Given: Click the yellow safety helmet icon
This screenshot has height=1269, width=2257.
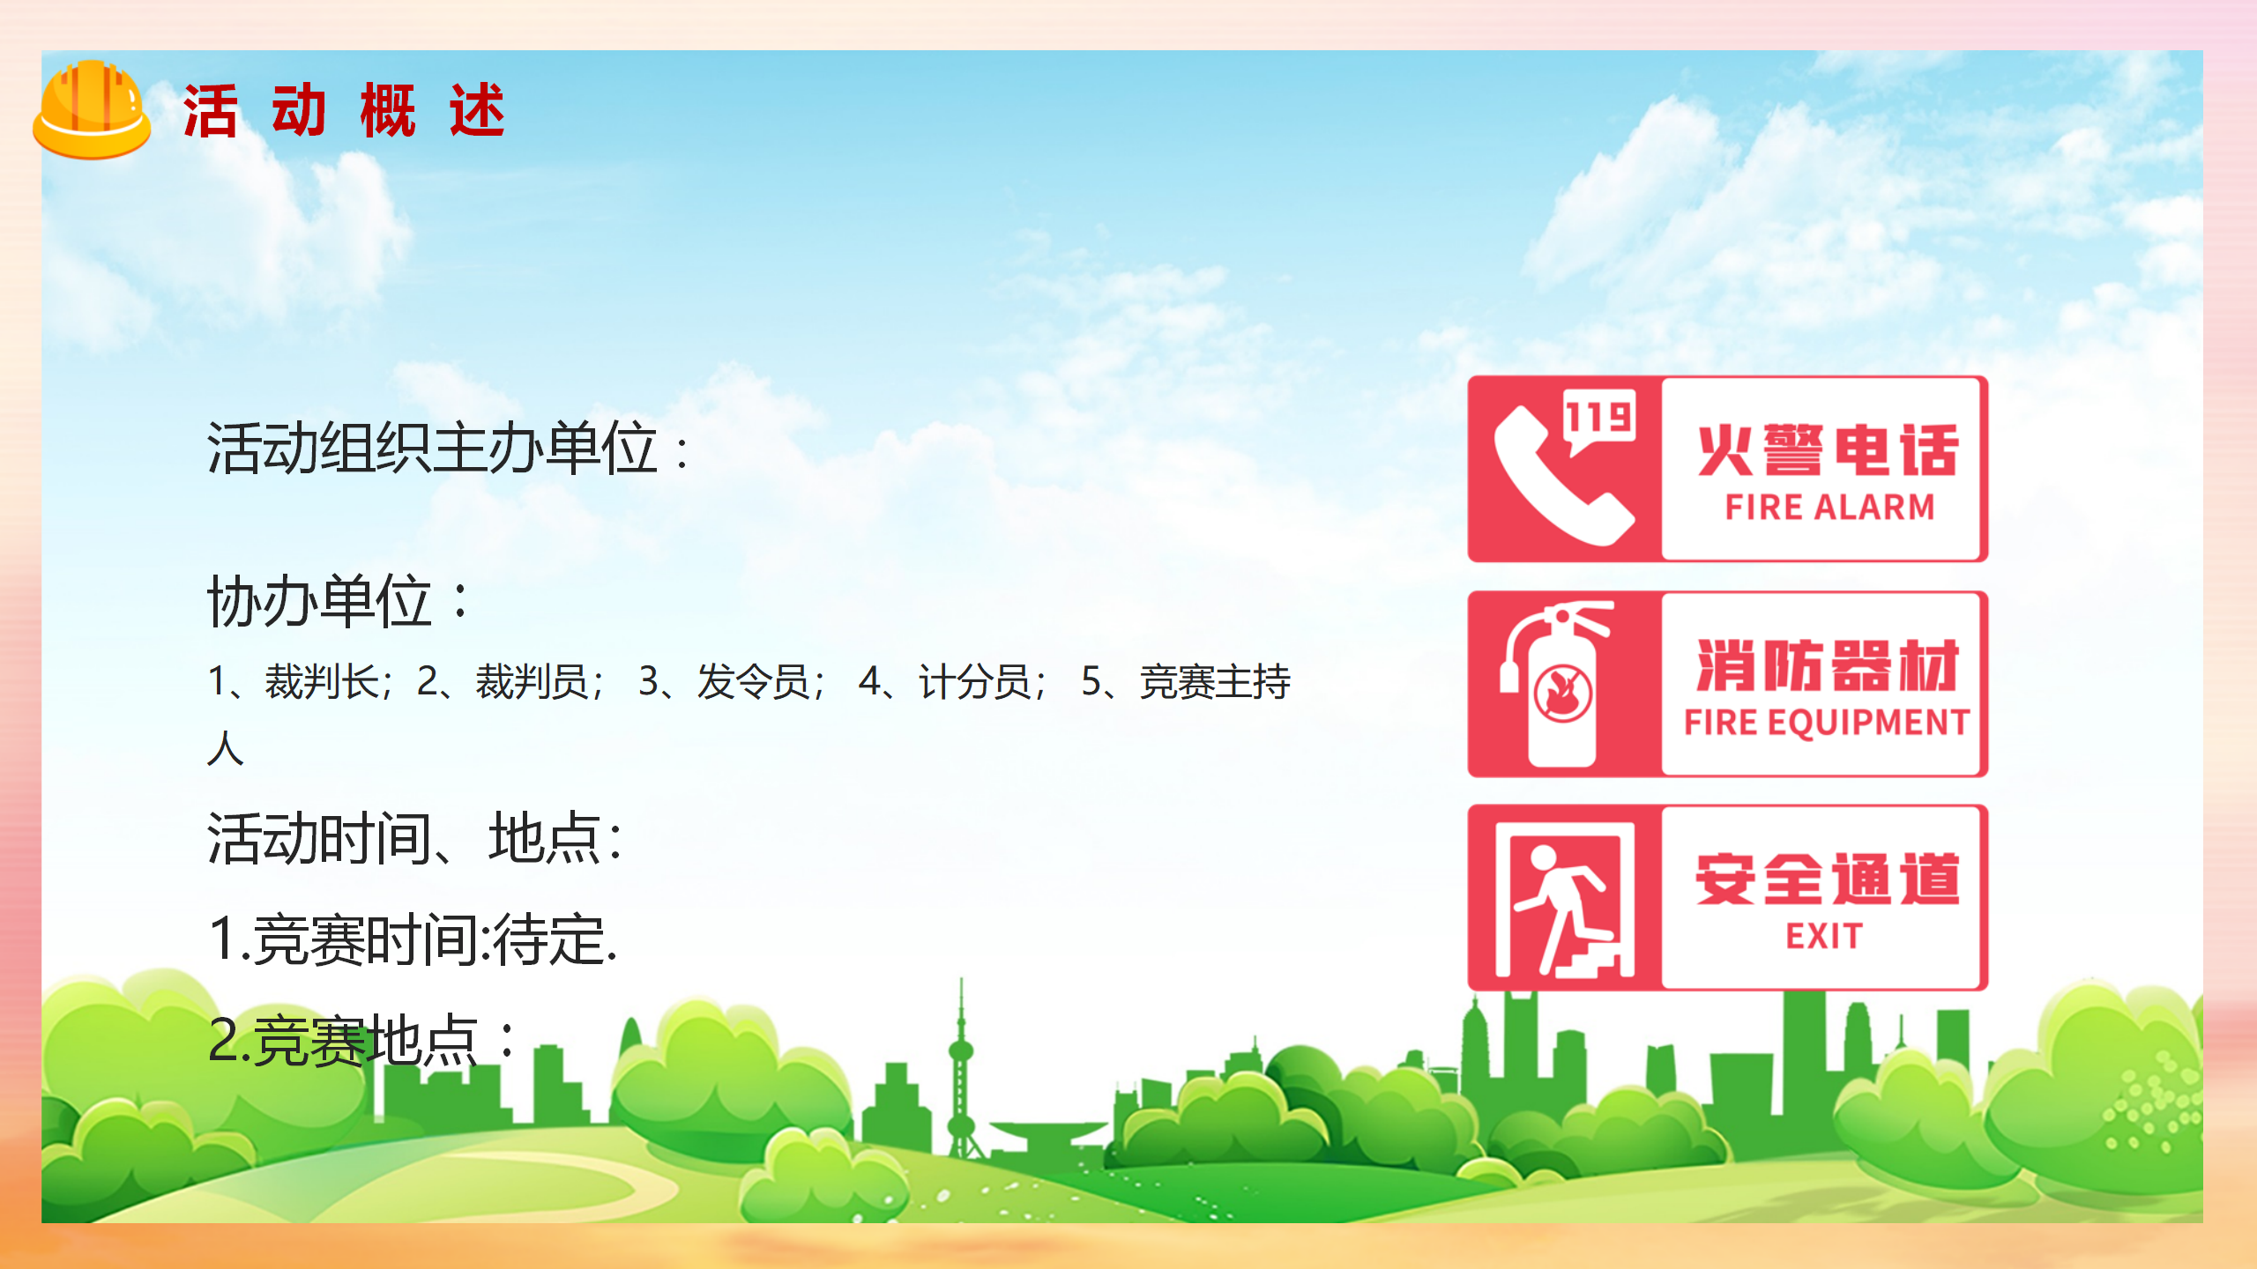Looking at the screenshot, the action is coord(92,109).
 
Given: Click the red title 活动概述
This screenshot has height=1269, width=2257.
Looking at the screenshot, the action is coord(344,111).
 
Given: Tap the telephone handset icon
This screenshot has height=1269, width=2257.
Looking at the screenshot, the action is coord(1562,476).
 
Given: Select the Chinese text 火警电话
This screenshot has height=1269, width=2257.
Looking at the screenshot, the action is coord(1829,449).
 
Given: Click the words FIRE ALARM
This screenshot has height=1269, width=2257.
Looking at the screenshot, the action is coord(1829,507).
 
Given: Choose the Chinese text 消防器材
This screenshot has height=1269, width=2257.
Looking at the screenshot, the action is coord(1829,665).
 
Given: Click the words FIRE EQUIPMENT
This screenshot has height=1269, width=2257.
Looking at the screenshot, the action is coord(1827,723).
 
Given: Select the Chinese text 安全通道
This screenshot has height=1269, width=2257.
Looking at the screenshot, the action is coord(1829,879).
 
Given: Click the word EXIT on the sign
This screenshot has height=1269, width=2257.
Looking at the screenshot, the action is coord(1824,936).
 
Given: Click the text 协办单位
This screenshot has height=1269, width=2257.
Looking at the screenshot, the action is coord(339,601).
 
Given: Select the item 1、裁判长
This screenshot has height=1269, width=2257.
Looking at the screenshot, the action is coord(300,681).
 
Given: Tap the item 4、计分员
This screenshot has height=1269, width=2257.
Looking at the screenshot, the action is coord(952,681).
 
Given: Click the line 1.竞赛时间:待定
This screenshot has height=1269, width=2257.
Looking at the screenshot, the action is coord(413,939).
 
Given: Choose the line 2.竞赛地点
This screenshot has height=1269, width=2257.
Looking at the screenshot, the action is coord(361,1041).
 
